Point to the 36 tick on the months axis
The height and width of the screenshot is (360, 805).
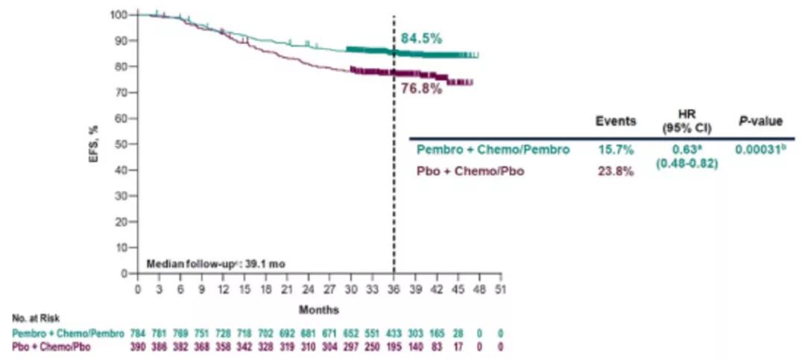point(394,288)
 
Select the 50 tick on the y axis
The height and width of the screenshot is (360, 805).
point(121,144)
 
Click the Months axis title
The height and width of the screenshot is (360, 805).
point(320,309)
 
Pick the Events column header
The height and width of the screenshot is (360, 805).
point(615,121)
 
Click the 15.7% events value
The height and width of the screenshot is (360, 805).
point(615,150)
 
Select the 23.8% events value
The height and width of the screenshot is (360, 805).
point(615,171)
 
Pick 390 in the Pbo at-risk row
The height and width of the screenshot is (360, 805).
point(138,347)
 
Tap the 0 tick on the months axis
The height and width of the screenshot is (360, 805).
point(138,288)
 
